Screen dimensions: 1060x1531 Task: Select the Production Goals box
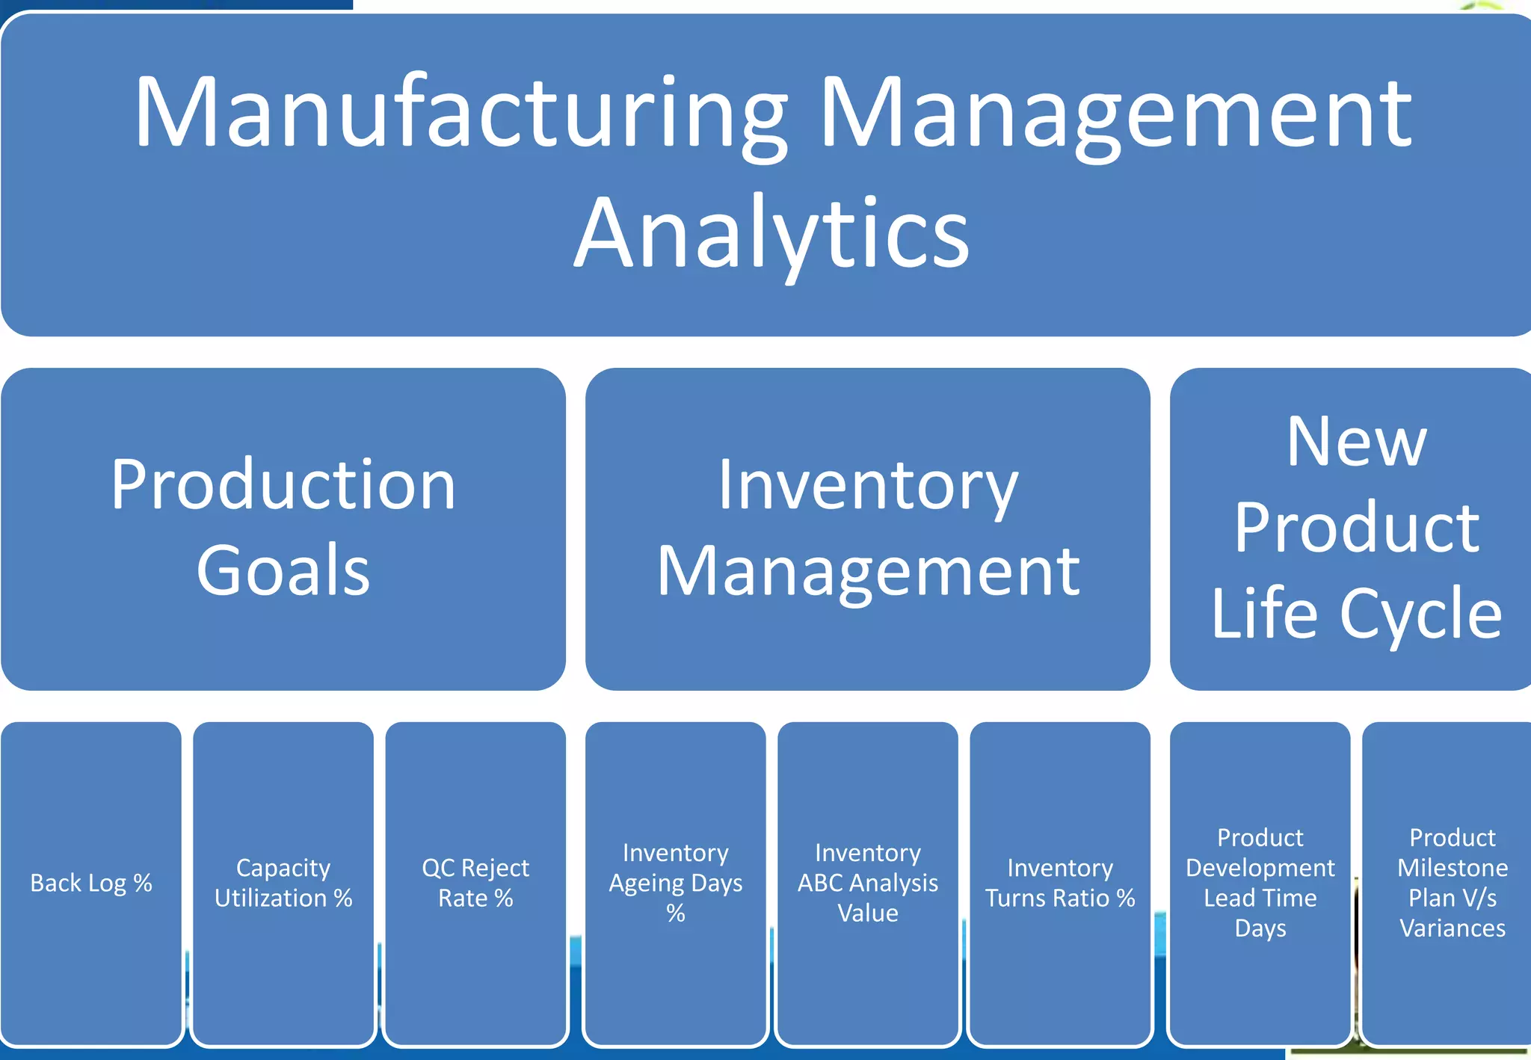tap(283, 528)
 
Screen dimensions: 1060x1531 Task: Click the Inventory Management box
tap(867, 528)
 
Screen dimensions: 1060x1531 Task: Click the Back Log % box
tap(91, 883)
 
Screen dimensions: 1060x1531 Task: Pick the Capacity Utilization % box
tap(283, 883)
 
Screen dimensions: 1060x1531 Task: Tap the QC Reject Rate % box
tap(475, 883)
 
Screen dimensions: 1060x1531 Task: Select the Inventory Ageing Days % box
tap(675, 883)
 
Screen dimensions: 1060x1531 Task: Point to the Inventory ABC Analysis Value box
tap(867, 883)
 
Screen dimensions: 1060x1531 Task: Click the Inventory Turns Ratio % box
tap(1059, 883)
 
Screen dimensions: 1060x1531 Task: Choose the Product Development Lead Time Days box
tap(1260, 883)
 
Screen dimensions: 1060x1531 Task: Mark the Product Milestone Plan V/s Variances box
tap(1452, 883)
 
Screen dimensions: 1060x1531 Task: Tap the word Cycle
tap(1420, 614)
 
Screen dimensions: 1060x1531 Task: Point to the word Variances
tap(1452, 928)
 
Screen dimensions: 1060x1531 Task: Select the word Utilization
tap(270, 898)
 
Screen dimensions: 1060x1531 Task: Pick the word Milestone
tap(1452, 867)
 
